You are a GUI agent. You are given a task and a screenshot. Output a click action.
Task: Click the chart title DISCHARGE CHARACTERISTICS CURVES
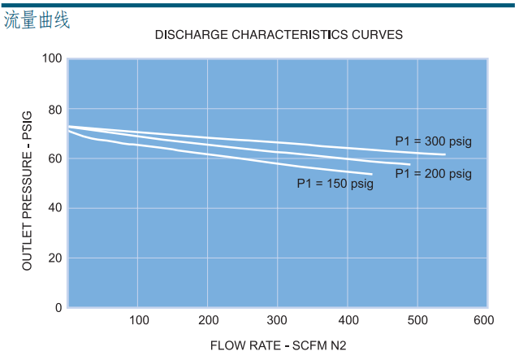point(279,35)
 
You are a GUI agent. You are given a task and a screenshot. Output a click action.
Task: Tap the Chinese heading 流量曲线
point(37,20)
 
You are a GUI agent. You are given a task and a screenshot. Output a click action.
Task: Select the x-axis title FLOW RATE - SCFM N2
point(278,345)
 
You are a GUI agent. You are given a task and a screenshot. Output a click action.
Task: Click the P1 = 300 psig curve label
point(433,141)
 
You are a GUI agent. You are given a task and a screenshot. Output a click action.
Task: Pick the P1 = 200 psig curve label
point(433,174)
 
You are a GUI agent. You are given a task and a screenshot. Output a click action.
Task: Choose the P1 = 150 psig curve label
point(335,184)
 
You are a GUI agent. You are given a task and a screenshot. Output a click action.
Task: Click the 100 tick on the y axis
point(52,59)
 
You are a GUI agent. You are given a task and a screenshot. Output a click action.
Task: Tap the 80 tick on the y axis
point(55,109)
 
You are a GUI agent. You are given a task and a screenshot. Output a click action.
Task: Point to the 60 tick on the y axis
point(55,158)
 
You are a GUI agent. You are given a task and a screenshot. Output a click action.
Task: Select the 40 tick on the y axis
point(55,208)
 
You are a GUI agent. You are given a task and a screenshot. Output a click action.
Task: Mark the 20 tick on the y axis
point(55,258)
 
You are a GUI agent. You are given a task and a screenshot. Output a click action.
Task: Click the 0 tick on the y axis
point(58,308)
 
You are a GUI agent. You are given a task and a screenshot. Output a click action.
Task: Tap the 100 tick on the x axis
point(139,321)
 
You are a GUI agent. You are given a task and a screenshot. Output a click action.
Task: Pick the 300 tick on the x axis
point(278,321)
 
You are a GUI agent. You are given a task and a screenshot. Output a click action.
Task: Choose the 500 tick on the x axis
point(417,321)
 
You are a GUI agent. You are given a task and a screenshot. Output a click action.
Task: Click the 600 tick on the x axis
point(484,321)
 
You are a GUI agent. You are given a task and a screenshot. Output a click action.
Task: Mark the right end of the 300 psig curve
point(445,154)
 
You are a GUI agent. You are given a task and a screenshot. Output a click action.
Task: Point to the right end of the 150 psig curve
point(371,174)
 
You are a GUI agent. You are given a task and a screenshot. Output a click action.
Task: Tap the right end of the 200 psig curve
point(409,165)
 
